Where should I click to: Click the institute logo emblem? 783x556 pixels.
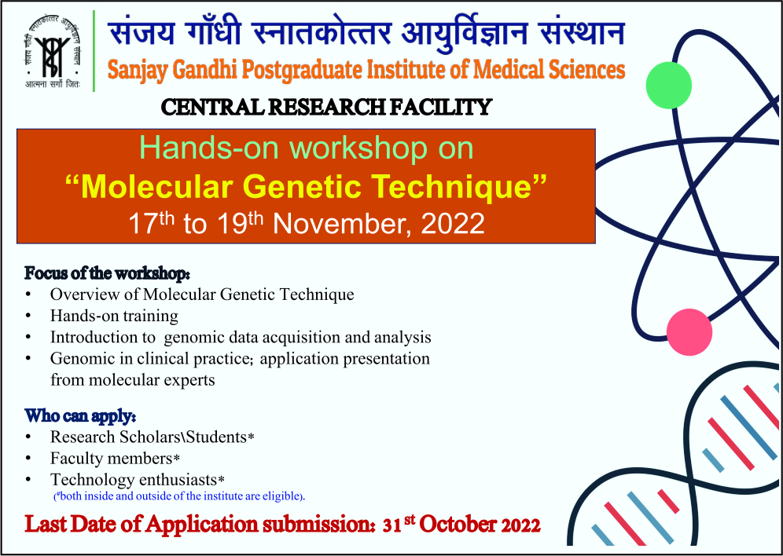pyautogui.click(x=53, y=51)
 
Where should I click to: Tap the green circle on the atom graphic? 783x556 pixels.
pyautogui.click(x=669, y=85)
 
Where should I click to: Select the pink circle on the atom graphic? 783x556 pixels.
pyautogui.click(x=689, y=331)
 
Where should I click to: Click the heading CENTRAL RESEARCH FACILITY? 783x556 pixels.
pyautogui.click(x=326, y=108)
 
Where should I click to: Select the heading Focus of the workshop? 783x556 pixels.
pyautogui.click(x=108, y=273)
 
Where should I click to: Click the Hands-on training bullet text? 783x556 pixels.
pyautogui.click(x=114, y=316)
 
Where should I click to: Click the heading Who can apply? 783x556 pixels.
pyautogui.click(x=81, y=415)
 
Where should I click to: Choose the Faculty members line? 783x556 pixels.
pyautogui.click(x=115, y=458)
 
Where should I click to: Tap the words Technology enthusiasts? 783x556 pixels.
pyautogui.click(x=138, y=480)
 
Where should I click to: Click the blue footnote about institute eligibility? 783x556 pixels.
pyautogui.click(x=179, y=496)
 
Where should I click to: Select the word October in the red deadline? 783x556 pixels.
pyautogui.click(x=458, y=525)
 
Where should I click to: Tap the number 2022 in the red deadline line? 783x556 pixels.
pyautogui.click(x=520, y=525)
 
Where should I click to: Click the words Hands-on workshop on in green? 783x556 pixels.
pyautogui.click(x=306, y=148)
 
